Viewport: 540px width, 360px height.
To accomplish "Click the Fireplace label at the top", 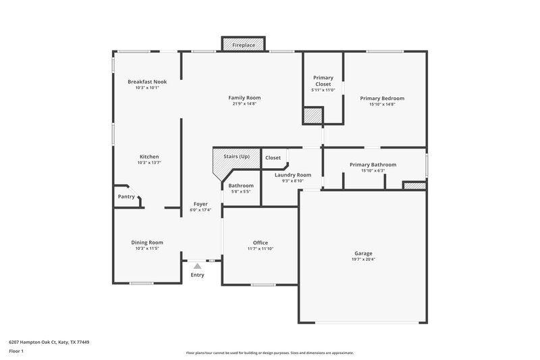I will click(x=244, y=45).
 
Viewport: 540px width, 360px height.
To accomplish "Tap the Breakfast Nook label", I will click(x=147, y=82).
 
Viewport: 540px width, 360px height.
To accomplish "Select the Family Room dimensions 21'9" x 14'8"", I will click(x=244, y=104).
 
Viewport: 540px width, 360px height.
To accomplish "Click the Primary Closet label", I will click(x=323, y=81).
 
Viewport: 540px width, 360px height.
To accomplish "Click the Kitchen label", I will click(x=149, y=157).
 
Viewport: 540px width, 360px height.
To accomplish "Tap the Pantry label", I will click(x=126, y=197).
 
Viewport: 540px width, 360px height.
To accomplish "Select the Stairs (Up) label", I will click(x=236, y=157).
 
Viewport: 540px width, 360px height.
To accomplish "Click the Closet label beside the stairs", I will click(x=273, y=157).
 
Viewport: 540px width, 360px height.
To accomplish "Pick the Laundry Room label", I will click(x=292, y=174).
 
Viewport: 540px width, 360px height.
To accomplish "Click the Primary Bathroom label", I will click(x=373, y=164).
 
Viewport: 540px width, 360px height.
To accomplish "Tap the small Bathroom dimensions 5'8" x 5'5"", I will click(x=241, y=192).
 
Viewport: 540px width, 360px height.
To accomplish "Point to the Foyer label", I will click(x=200, y=204).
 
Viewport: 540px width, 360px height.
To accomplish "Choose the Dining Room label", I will click(x=147, y=242).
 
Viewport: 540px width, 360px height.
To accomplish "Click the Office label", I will click(x=260, y=242).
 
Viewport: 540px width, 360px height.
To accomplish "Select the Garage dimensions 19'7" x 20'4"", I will click(x=363, y=259).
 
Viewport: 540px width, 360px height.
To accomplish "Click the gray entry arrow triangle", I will click(x=197, y=266).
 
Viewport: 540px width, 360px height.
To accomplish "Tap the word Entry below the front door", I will click(x=197, y=275).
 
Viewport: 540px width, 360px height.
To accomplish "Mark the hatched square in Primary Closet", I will click(x=312, y=115).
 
